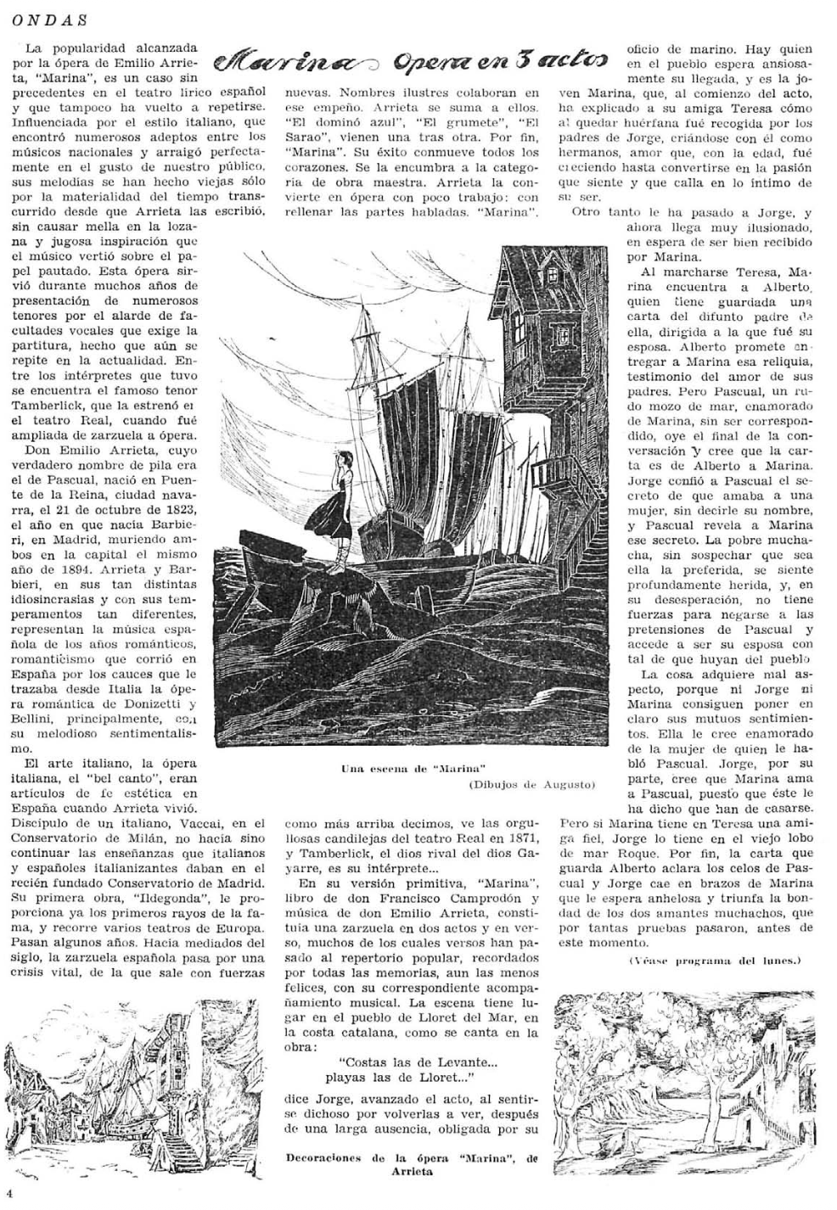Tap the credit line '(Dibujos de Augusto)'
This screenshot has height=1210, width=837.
[531, 785]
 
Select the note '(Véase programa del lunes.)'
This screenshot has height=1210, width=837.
[715, 961]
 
